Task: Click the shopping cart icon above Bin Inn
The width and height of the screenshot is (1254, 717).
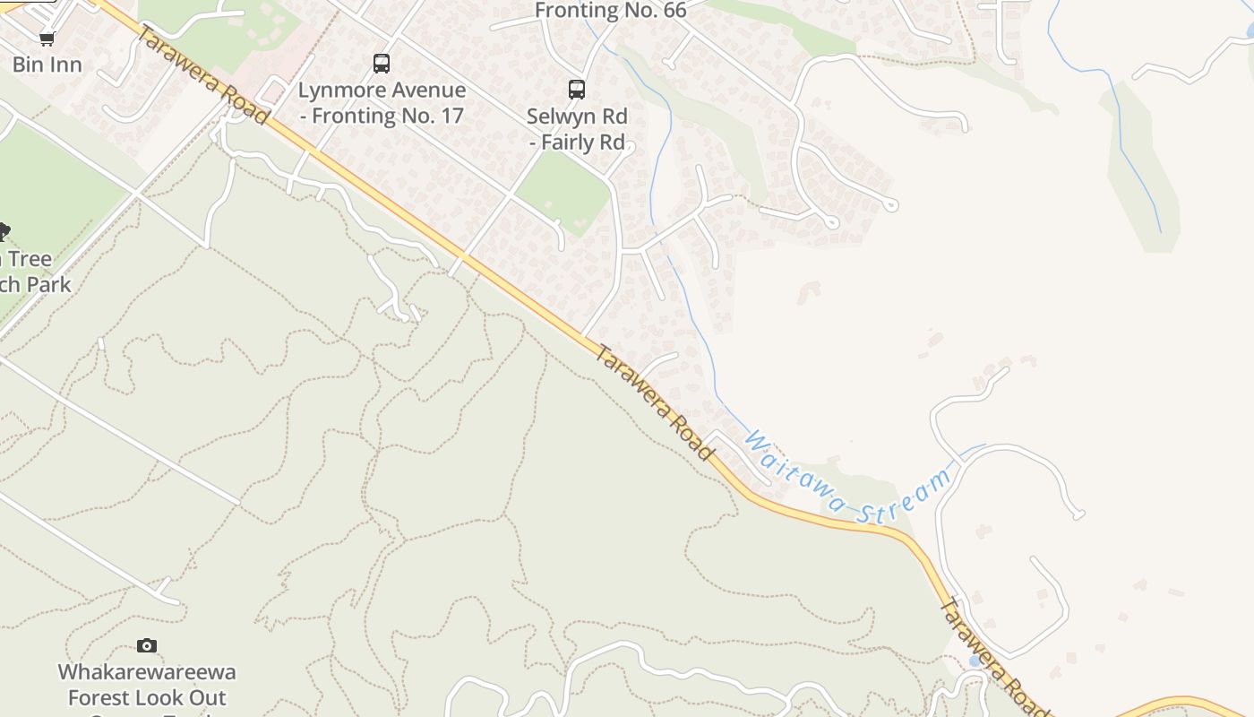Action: [47, 39]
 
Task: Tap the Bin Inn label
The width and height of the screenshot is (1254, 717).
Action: [47, 65]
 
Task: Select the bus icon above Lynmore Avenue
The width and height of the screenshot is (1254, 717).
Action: [382, 64]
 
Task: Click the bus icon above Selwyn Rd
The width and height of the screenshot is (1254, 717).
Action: [577, 90]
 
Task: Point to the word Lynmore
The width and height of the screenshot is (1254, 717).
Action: [339, 91]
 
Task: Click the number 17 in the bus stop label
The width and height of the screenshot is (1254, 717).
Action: [451, 116]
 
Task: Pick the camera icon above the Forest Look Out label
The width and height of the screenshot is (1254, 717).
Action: [147, 645]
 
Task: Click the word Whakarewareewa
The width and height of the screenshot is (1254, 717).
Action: [147, 672]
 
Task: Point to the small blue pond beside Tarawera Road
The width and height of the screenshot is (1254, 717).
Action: [975, 661]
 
